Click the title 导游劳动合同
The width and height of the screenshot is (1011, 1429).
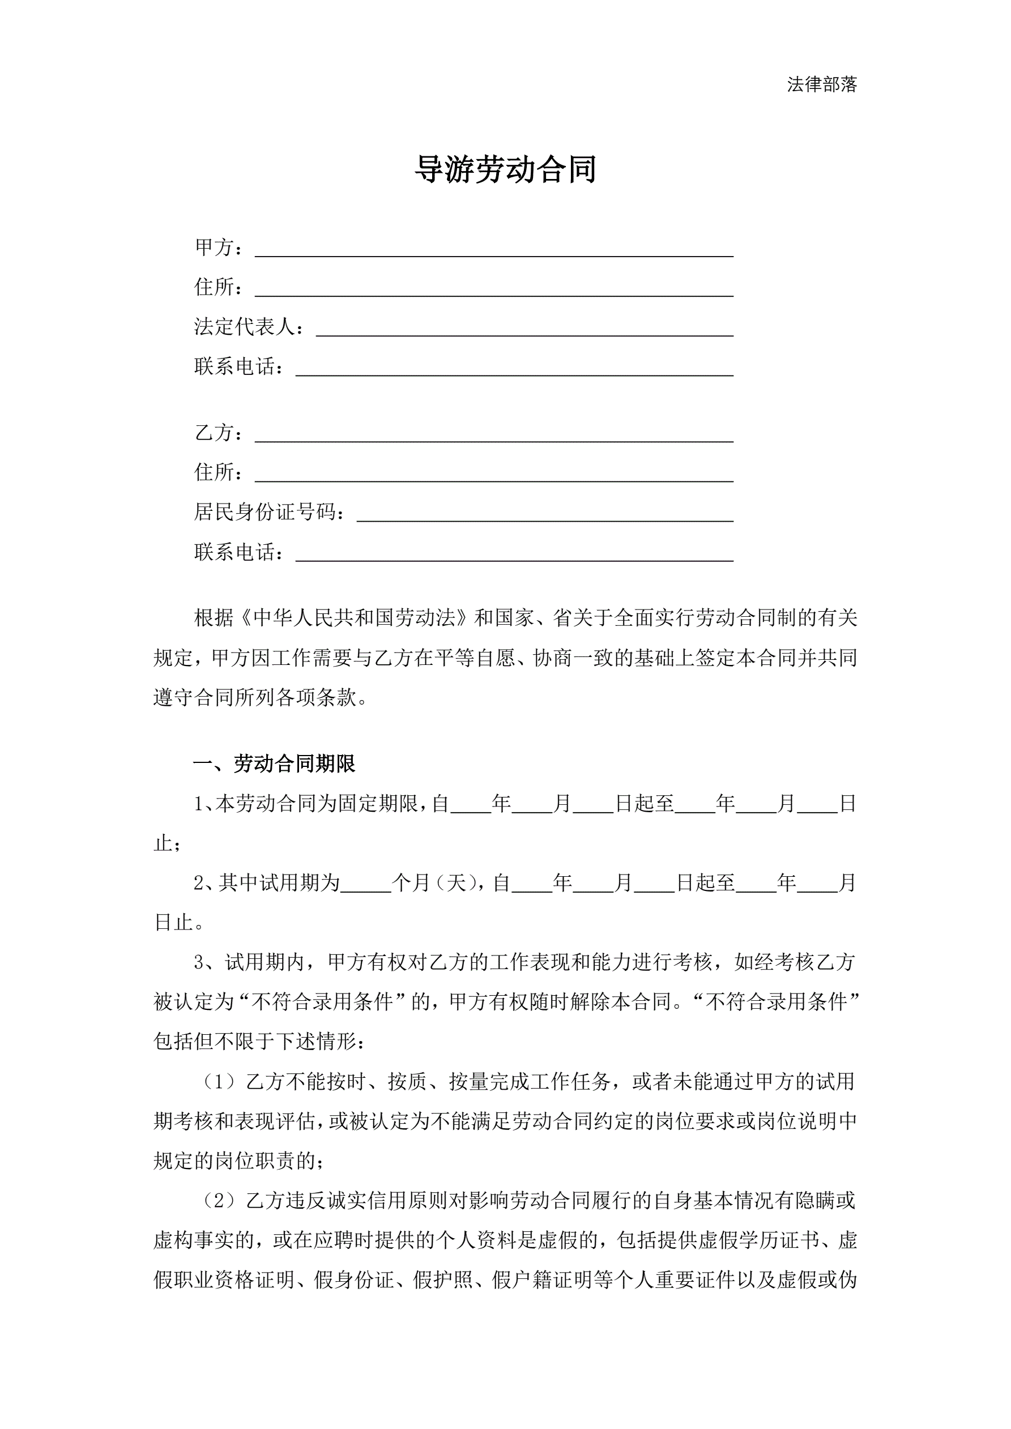pos(505,169)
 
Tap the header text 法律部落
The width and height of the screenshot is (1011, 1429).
pos(822,84)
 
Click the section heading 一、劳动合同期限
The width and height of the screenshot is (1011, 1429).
pos(274,763)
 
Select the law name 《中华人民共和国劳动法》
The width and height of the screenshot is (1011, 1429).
pos(353,617)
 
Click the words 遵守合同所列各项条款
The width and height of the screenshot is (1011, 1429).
pos(255,697)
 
